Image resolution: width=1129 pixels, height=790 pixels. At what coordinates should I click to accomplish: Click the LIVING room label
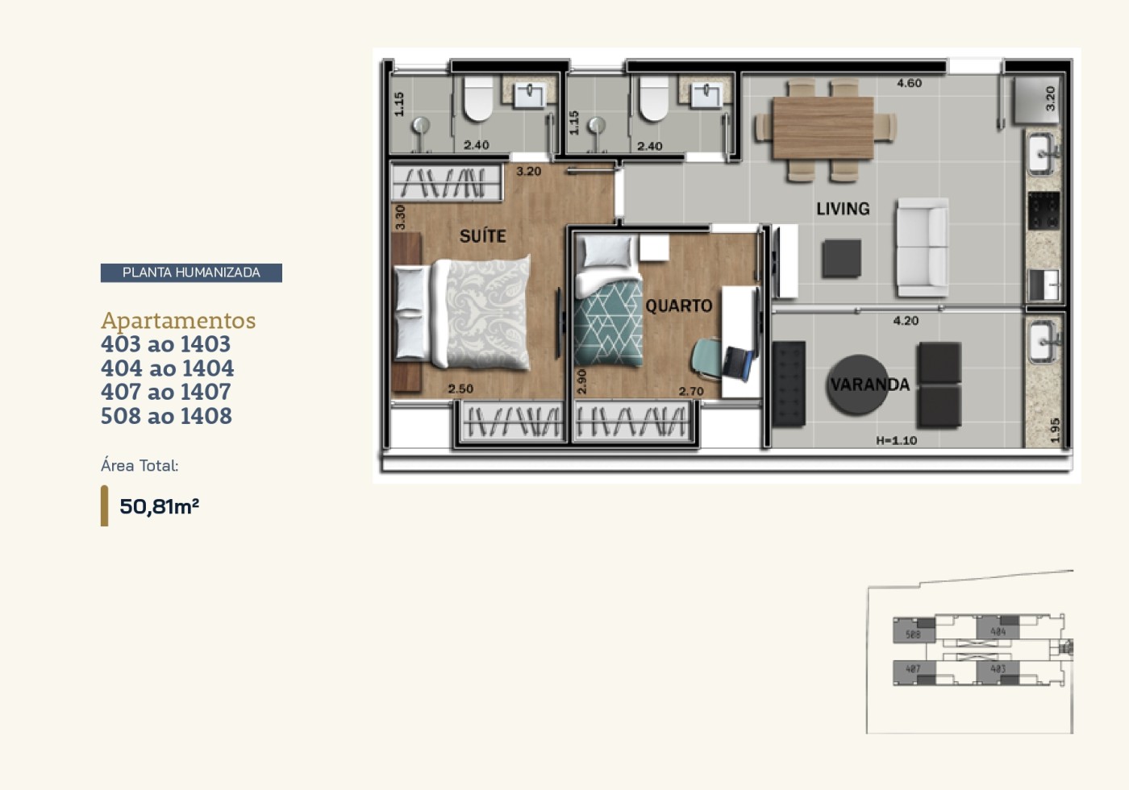(843, 209)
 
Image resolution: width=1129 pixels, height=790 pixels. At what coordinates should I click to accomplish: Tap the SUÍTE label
(482, 236)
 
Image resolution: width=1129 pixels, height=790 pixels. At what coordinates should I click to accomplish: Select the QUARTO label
(678, 306)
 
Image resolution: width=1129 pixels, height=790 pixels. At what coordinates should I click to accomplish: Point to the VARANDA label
(869, 385)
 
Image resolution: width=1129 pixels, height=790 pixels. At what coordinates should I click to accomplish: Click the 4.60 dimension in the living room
(909, 83)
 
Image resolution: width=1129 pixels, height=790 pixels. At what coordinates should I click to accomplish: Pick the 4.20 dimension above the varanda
(906, 321)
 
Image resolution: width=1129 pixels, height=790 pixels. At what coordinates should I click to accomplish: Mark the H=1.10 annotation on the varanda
(896, 440)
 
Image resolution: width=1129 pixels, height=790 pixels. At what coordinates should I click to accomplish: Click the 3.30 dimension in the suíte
(400, 217)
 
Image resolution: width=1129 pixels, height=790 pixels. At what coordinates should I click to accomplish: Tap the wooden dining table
(823, 128)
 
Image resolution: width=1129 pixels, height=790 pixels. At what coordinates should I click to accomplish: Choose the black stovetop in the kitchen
(1044, 210)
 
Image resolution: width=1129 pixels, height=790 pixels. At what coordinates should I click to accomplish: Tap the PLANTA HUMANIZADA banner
(191, 272)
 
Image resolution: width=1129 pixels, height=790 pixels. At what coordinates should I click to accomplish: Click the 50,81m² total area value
(159, 506)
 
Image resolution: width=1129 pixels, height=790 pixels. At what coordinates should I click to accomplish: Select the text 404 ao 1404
(167, 368)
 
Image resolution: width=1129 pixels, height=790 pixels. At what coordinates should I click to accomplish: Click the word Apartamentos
(177, 320)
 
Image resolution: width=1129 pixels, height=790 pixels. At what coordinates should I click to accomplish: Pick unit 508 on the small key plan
(913, 634)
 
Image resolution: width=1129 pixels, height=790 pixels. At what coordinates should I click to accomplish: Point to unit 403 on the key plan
(998, 668)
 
